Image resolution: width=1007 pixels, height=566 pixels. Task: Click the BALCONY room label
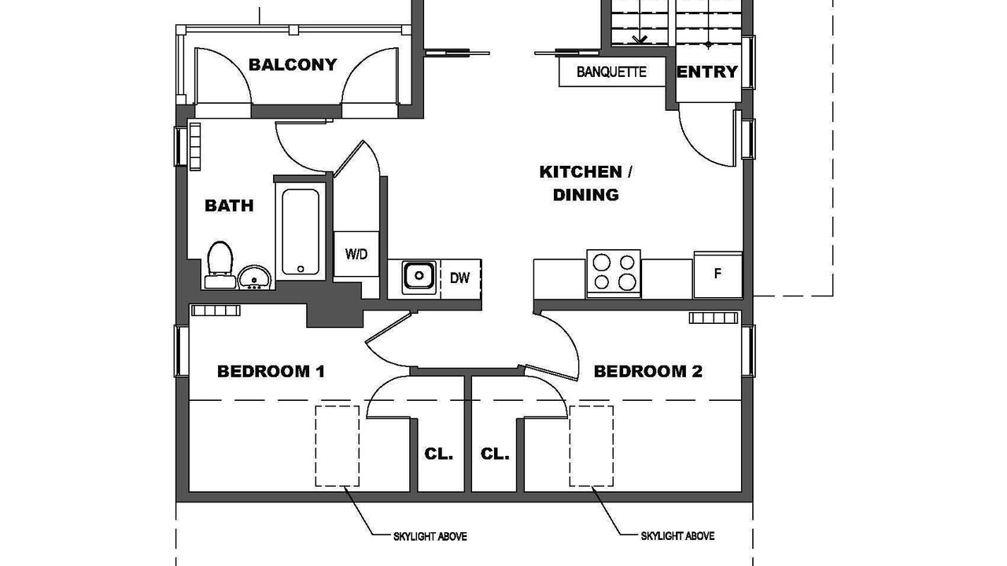293,64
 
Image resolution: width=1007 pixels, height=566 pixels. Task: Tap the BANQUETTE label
611,72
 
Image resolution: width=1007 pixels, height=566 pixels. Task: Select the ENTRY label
707,72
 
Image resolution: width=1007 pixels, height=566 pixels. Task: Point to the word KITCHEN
581,171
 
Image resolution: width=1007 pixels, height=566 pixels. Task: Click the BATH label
229,206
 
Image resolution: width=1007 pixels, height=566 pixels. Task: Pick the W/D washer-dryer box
356,254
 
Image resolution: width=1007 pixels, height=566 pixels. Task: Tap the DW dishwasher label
460,278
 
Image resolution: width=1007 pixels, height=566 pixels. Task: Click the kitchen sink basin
419,277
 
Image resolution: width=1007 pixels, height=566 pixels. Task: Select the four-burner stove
614,273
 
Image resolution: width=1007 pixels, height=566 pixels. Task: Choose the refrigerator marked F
717,274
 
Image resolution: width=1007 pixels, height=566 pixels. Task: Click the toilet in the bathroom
219,265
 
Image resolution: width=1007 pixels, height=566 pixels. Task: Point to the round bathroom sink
254,277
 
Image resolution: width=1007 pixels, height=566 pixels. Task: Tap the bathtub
301,231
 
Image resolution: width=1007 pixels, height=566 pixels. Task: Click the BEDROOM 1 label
271,372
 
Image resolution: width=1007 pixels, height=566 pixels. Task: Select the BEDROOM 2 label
647,372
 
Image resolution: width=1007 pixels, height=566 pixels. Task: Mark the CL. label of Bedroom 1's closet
439,454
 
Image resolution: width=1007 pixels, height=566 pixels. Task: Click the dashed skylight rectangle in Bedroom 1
338,446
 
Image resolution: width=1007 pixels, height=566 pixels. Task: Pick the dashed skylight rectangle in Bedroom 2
591,446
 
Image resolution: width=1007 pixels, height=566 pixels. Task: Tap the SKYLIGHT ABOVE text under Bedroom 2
677,536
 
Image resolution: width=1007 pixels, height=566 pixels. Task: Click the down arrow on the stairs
640,39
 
